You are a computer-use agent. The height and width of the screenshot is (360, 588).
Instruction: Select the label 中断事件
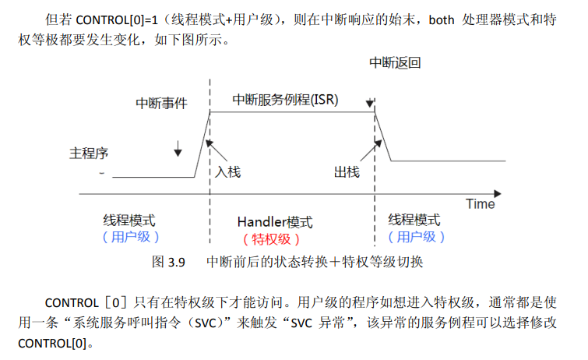pyautogui.click(x=162, y=104)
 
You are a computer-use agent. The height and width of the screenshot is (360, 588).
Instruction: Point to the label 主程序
pyautogui.click(x=88, y=153)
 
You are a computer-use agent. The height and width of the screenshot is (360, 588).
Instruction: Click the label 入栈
pyautogui.click(x=228, y=171)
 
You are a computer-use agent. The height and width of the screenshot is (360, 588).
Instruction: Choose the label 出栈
pyautogui.click(x=346, y=171)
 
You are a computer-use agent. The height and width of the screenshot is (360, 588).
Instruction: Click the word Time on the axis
pyautogui.click(x=481, y=204)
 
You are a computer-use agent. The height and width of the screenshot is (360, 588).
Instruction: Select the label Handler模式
pyautogui.click(x=275, y=222)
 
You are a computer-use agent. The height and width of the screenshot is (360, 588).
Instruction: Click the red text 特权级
pyautogui.click(x=271, y=239)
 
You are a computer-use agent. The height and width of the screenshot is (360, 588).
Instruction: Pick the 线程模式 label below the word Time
pyautogui.click(x=414, y=221)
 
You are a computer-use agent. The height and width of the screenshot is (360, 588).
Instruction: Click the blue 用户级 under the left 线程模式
pyautogui.click(x=131, y=238)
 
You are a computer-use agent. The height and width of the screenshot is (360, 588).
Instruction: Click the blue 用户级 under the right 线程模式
pyautogui.click(x=416, y=238)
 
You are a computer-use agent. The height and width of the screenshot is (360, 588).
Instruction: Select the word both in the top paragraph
pyautogui.click(x=441, y=19)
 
